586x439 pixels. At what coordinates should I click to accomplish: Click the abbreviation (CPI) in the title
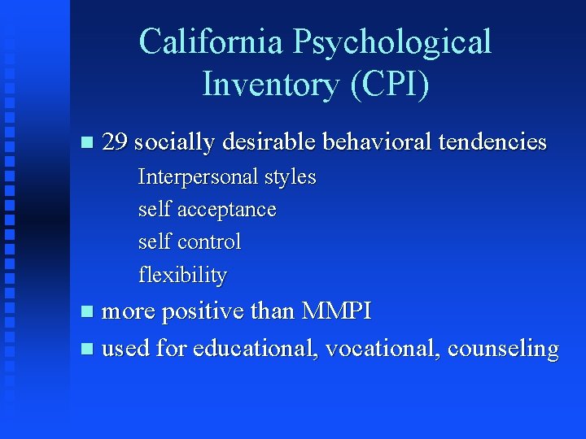385,83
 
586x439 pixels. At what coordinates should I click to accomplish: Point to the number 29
116,142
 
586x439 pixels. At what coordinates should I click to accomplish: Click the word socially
173,143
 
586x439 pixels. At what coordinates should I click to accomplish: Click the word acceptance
227,210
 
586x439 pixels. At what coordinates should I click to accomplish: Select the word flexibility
182,275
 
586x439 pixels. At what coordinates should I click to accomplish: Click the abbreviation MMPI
336,311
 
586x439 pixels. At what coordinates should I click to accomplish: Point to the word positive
194,311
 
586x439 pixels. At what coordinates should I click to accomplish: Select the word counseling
503,350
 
